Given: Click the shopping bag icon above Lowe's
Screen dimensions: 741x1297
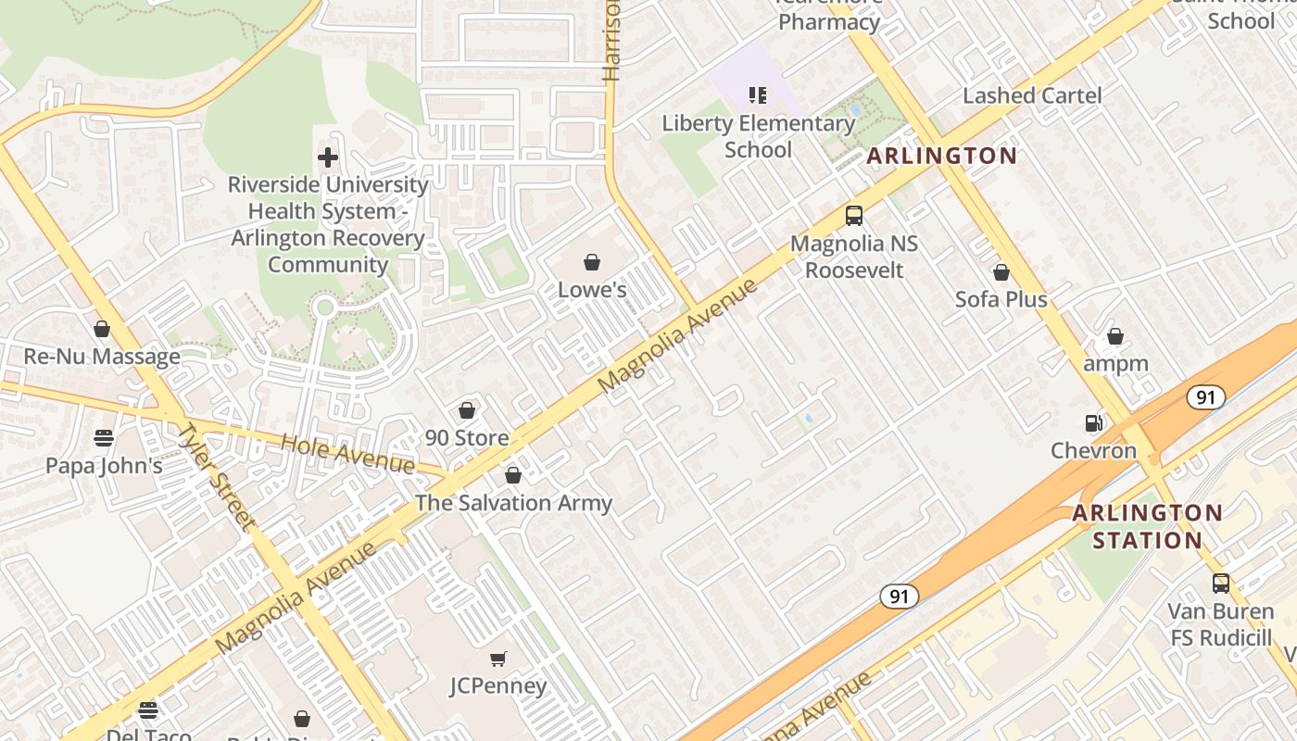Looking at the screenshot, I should pos(592,262).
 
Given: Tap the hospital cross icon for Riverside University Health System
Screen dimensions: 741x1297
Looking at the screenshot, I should pos(327,157).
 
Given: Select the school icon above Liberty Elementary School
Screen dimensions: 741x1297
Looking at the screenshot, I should pos(758,95).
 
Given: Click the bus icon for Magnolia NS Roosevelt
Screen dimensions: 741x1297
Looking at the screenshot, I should pos(854,216).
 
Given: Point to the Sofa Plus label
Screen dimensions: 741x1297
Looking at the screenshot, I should pos(1001,299).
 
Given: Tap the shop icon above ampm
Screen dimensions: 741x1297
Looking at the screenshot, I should pos(1115,336).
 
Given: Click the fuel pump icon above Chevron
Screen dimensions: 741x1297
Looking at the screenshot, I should pos(1094,423).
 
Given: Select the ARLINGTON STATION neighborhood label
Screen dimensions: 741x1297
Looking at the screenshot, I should pos(1147,526).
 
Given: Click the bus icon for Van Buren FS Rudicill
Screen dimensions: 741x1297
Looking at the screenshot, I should pos(1221,584).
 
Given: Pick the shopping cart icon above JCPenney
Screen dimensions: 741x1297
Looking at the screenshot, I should pos(498,659).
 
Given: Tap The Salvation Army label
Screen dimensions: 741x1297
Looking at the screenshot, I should pos(513,503).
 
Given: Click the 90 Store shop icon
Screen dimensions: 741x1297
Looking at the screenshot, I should pos(467,410).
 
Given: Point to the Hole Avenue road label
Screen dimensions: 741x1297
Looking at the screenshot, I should pos(347,453).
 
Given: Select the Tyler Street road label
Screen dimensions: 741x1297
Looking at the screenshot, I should pos(216,475).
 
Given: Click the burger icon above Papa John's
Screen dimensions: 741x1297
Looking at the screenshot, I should pos(104,437).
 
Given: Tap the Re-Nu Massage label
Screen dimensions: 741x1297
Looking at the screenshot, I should pos(102,357).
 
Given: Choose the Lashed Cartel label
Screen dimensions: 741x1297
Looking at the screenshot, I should pos(1032,95).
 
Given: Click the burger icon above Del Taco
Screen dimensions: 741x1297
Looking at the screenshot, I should pos(148,710).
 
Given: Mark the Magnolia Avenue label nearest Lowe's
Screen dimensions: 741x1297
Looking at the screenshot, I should pos(678,333).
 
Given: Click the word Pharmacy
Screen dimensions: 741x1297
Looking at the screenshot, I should pos(829,22).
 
